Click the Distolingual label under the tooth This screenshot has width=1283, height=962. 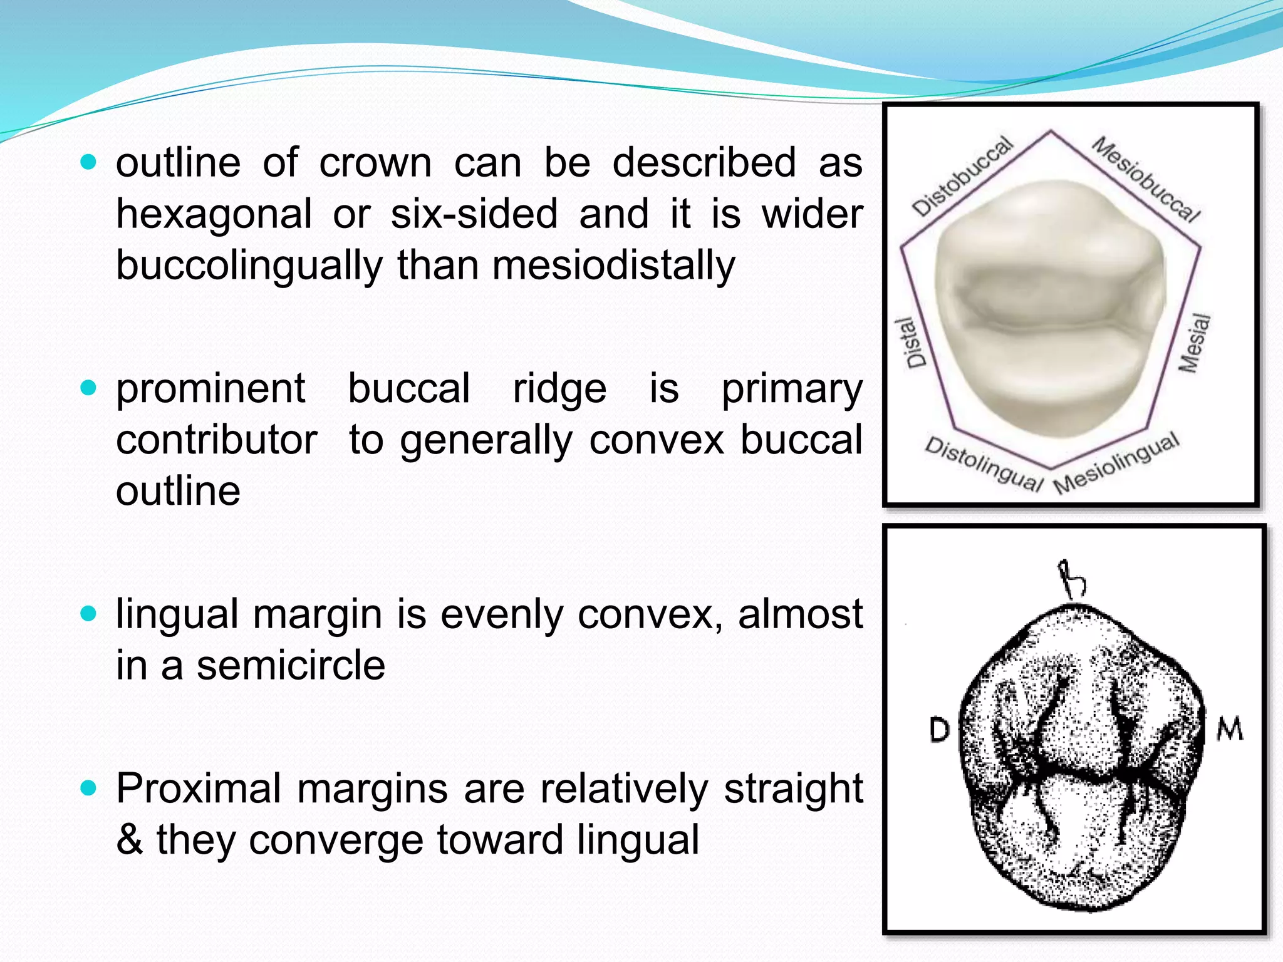(x=984, y=464)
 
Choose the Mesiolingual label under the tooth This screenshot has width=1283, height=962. (x=1116, y=463)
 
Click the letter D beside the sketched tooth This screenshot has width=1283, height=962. (x=939, y=730)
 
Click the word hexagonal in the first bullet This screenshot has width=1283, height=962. (x=214, y=214)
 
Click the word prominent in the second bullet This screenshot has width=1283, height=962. (x=210, y=390)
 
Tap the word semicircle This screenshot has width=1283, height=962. (x=291, y=665)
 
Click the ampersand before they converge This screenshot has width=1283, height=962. (x=130, y=840)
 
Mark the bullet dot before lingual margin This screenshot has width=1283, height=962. (x=89, y=614)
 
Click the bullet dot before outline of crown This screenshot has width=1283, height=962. (x=89, y=163)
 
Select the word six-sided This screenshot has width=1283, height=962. (x=474, y=214)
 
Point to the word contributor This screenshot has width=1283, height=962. (x=216, y=440)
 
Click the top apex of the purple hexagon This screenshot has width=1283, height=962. (x=1051, y=130)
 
